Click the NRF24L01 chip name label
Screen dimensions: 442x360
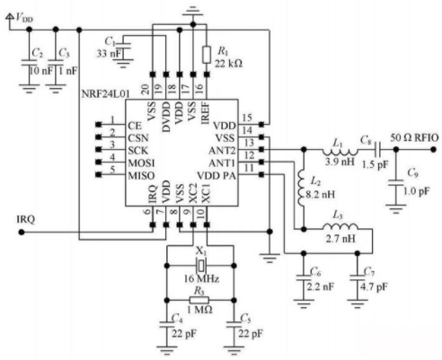point(105,93)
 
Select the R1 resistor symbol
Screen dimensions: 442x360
point(207,55)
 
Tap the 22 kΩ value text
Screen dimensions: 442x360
point(228,64)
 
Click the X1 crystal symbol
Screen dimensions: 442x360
point(201,265)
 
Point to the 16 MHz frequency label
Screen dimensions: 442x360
point(201,278)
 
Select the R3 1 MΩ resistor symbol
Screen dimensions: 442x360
point(199,300)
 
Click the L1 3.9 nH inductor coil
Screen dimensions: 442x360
point(340,151)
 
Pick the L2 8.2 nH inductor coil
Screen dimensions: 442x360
point(302,188)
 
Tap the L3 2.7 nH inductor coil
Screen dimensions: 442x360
point(340,226)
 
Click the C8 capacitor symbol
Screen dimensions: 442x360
point(378,149)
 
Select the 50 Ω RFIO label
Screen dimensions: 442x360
point(414,137)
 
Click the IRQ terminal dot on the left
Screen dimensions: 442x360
point(22,232)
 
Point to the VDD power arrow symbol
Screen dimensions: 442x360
point(10,16)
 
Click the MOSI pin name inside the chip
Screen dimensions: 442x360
point(141,163)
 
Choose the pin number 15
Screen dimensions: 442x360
point(247,118)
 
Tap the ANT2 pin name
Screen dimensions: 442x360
point(222,151)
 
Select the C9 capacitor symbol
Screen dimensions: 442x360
point(396,183)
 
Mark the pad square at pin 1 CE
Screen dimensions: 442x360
point(98,124)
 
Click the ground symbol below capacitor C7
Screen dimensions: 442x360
point(358,303)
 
